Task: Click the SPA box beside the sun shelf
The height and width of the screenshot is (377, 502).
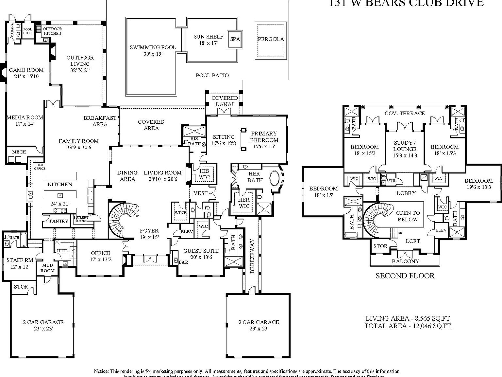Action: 235,39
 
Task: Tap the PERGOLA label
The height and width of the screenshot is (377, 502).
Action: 271,39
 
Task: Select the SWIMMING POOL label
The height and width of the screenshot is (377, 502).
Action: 153,47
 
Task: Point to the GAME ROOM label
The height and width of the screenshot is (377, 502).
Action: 26,70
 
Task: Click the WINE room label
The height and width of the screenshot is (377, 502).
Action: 180,213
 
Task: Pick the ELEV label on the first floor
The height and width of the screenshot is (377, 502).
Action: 187,232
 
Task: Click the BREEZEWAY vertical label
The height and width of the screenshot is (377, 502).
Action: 252,256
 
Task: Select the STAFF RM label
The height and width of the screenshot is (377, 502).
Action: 20,260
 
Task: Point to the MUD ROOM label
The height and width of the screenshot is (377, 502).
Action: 47,268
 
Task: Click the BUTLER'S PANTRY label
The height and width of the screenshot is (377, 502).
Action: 81,219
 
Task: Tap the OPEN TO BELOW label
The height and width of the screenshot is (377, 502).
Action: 408,216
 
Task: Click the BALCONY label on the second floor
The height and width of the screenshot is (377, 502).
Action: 405,261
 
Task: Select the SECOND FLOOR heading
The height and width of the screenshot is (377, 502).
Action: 405,276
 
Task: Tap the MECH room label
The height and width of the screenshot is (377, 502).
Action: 19,152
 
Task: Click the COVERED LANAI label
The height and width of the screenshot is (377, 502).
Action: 225,101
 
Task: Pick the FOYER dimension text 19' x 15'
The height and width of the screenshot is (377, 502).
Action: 149,237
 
